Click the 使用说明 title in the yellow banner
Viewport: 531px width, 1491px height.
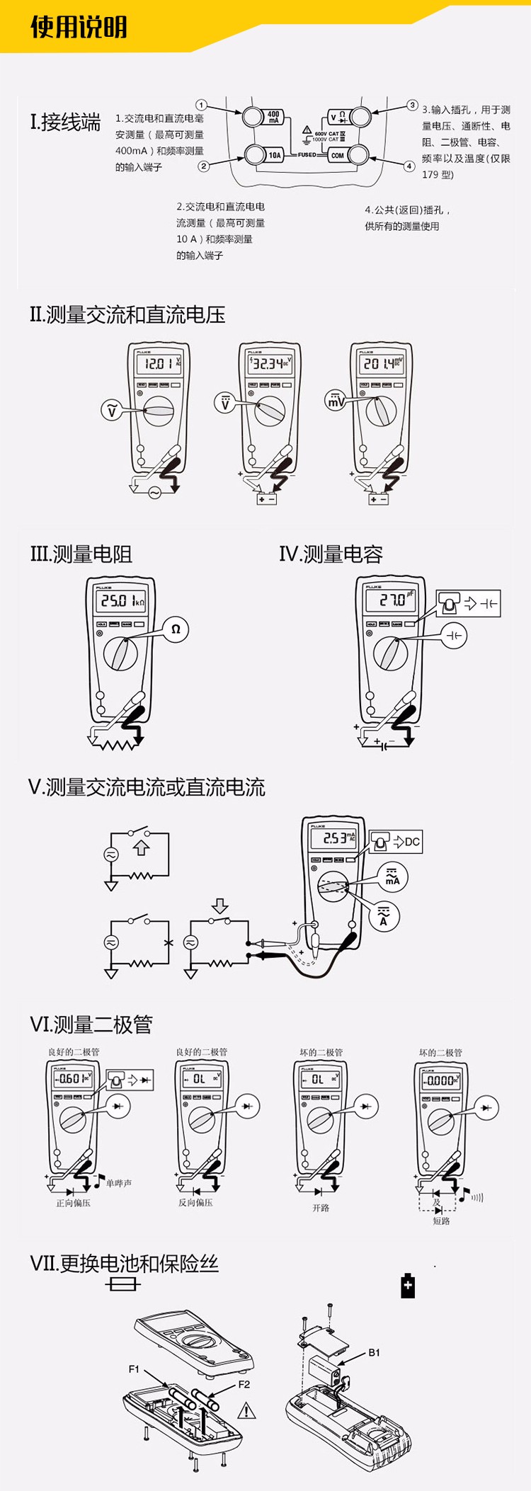[79, 27]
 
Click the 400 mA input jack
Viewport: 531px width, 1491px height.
[255, 118]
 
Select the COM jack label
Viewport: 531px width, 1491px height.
[338, 155]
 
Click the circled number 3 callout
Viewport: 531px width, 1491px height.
[412, 105]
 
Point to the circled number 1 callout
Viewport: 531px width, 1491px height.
[201, 105]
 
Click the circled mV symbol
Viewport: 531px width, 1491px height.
[336, 401]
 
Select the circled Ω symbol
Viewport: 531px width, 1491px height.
[176, 629]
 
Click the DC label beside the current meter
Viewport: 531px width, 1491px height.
[412, 841]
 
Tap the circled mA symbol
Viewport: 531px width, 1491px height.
[392, 877]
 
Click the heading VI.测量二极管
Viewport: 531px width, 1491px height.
[91, 1024]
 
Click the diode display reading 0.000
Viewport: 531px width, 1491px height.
[440, 1080]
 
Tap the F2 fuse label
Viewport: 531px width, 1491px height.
[244, 1384]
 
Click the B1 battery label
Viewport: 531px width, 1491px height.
[375, 1352]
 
